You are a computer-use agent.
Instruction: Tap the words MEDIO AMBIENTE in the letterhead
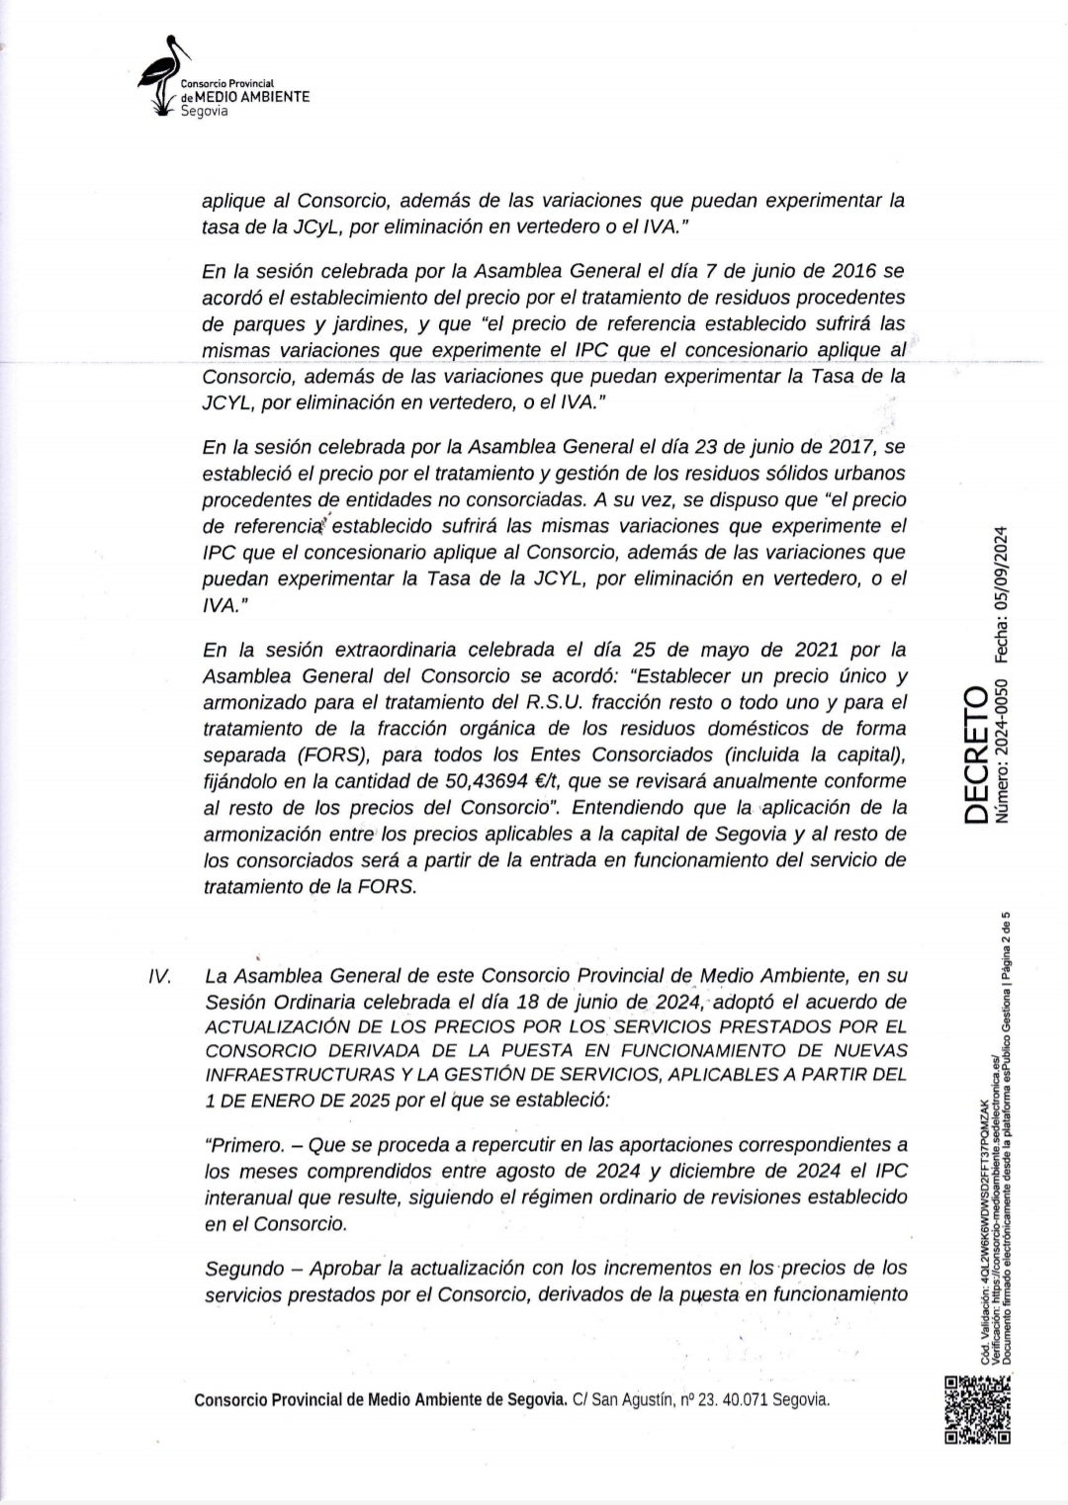(x=252, y=98)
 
